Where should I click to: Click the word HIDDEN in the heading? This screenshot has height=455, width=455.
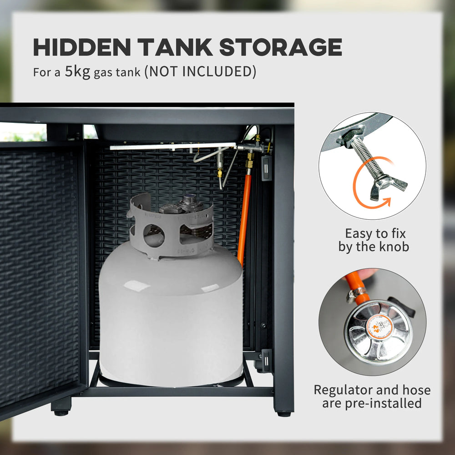point(82,47)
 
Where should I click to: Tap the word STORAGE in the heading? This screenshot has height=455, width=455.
point(281,47)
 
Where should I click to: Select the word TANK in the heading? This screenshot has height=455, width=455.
point(175,47)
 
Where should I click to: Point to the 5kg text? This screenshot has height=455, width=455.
point(77,72)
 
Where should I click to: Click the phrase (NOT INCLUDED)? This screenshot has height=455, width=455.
point(201,71)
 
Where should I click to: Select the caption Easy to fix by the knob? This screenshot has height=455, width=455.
point(374,240)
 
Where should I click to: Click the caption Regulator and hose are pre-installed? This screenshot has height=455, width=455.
point(372,396)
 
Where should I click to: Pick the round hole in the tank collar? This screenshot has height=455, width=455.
point(154,235)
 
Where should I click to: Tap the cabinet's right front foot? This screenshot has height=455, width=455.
point(284,414)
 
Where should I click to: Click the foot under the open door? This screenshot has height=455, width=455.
point(61,406)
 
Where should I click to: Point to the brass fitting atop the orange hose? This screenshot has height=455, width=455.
point(249,163)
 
